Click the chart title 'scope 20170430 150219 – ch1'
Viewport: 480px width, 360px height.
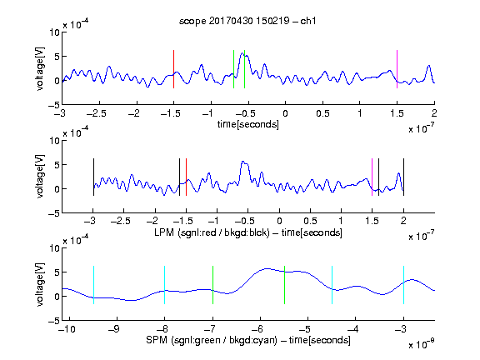point(247,21)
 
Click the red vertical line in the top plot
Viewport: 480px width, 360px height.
point(173,69)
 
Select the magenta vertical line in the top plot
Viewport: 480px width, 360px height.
point(397,69)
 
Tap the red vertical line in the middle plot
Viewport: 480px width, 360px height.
point(186,177)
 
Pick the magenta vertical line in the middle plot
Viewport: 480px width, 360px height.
point(372,177)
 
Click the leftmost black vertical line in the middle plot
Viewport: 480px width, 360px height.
point(93,177)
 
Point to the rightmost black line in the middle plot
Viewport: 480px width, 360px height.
point(404,177)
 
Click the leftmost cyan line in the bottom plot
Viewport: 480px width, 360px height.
point(93,285)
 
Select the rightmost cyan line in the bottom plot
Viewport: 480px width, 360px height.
point(404,285)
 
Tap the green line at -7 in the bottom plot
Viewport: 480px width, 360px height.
point(212,285)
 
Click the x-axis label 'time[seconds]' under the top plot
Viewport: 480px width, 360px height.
point(248,124)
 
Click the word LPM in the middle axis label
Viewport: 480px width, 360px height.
point(164,232)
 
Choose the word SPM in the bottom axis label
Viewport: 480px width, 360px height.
point(157,340)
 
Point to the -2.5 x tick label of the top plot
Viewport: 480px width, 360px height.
point(97,114)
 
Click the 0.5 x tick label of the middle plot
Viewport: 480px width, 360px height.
point(310,221)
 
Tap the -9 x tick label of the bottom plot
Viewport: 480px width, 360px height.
point(113,329)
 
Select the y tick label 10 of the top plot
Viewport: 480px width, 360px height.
point(55,32)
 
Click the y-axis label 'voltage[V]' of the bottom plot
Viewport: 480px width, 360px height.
point(40,285)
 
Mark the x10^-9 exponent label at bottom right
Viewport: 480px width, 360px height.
point(421,343)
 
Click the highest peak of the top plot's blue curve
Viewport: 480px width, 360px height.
point(242,53)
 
